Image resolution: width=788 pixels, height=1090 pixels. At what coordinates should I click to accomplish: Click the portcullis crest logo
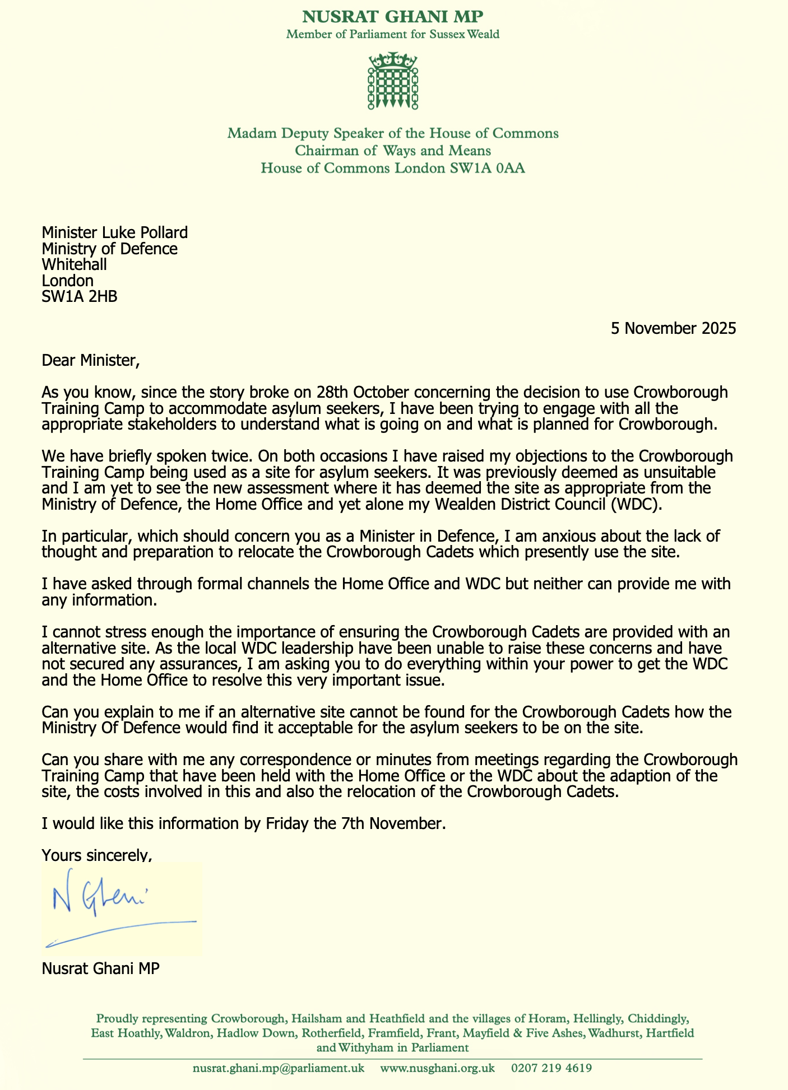393,81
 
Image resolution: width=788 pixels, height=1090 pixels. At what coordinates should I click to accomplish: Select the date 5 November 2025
673,328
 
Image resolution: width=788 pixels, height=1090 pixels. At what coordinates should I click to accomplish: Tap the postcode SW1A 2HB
80,296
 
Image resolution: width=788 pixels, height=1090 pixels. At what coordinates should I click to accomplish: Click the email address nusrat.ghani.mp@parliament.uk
279,1068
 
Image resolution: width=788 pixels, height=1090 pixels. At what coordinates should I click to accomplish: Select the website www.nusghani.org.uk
438,1068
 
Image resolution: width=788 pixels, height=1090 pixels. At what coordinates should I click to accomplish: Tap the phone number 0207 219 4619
551,1068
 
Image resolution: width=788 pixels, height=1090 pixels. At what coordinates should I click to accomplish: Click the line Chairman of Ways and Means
393,151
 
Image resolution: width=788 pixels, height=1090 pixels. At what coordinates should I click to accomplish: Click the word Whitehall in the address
75,264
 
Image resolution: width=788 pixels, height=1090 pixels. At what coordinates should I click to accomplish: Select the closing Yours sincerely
97,855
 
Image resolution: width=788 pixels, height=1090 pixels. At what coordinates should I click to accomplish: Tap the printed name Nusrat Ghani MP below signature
100,968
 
